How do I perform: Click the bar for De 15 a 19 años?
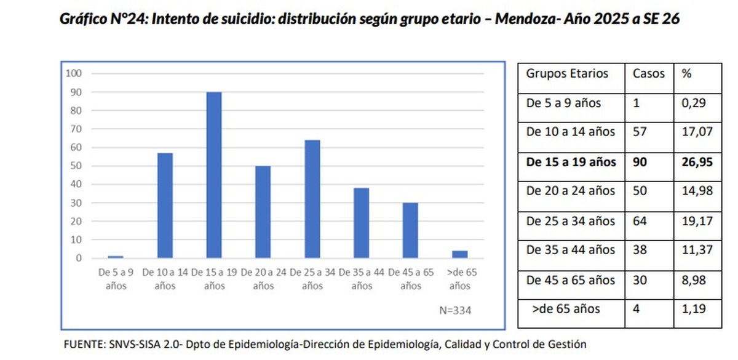click(x=214, y=175)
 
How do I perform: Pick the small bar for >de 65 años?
click(x=460, y=254)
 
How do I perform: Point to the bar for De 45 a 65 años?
click(x=411, y=230)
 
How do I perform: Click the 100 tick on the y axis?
click(x=74, y=73)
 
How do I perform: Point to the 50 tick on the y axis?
click(x=76, y=166)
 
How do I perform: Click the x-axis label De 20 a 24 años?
click(x=263, y=279)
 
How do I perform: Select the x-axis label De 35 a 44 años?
click(x=362, y=279)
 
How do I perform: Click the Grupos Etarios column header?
click(x=566, y=74)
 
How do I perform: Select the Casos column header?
click(x=649, y=74)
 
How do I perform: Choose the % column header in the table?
click(x=686, y=74)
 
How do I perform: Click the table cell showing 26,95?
click(x=697, y=162)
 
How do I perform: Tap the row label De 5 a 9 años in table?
click(x=563, y=103)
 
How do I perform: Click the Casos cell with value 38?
click(x=640, y=250)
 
